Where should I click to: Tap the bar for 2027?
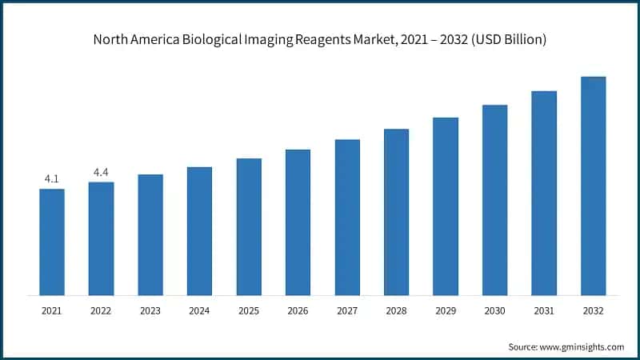pos(347,217)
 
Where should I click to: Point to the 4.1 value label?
pos(52,178)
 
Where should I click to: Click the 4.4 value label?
pos(101,172)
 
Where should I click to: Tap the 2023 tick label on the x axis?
pos(150,310)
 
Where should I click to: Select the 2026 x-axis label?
pos(298,310)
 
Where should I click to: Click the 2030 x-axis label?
pos(494,310)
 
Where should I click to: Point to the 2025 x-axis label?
pos(249,310)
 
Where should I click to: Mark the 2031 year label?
pos(544,310)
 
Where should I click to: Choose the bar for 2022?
pos(101,238)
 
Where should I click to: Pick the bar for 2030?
pos(494,199)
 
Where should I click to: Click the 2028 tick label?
pos(396,310)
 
